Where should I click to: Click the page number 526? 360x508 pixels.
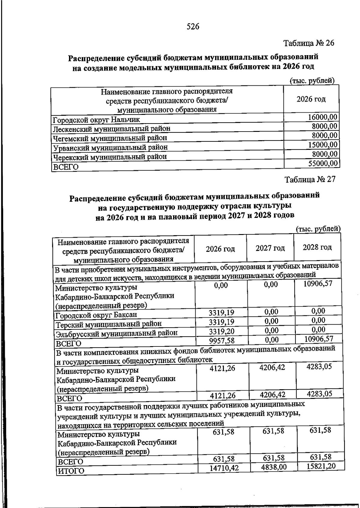click(193, 27)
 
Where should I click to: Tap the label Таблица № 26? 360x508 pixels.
click(309, 43)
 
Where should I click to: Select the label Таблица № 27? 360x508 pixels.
click(310, 179)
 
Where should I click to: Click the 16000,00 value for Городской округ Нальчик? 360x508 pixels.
click(322, 117)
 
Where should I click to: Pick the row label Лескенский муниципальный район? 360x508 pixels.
click(112, 129)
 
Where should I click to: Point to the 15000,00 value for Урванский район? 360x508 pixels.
click(322, 145)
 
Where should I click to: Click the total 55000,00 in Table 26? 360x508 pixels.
click(322, 163)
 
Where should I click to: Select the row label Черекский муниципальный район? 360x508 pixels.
click(110, 157)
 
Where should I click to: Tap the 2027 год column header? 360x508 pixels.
click(270, 248)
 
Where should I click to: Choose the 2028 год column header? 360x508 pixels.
click(317, 247)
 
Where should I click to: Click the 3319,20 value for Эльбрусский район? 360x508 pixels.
click(222, 331)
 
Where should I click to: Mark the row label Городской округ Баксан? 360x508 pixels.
click(96, 315)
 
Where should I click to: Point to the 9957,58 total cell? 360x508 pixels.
click(222, 341)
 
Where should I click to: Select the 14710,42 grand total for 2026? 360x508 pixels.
click(224, 468)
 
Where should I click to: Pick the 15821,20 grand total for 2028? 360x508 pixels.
click(321, 466)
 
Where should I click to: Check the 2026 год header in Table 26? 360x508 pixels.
click(311, 99)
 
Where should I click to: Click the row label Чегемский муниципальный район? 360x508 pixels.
click(110, 138)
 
